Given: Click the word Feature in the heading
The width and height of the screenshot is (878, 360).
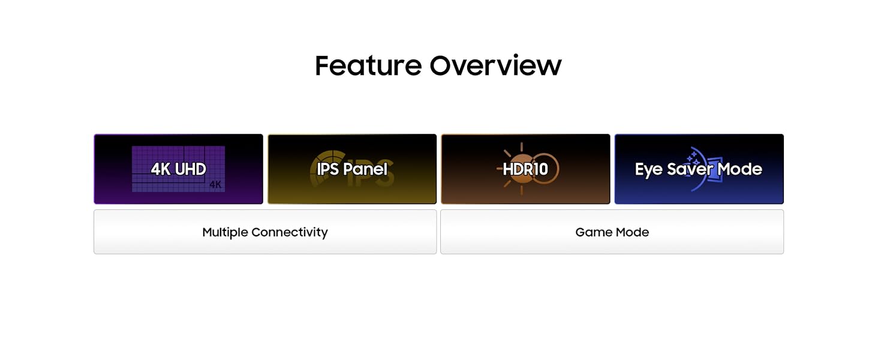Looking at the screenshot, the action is tap(368, 65).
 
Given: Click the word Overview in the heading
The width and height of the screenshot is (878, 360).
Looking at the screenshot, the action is tap(496, 65).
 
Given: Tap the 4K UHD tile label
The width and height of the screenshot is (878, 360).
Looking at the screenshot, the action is tap(178, 169).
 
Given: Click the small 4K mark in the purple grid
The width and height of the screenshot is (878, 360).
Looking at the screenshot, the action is tap(215, 184).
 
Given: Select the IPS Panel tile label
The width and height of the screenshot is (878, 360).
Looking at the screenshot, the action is tap(352, 169).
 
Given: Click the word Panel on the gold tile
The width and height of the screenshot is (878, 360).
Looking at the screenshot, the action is tap(365, 169).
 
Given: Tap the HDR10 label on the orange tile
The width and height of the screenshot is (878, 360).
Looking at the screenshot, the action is tap(525, 169).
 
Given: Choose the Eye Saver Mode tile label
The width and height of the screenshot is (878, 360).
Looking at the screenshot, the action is tap(699, 169).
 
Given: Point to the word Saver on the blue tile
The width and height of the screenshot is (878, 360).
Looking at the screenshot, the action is tap(690, 169).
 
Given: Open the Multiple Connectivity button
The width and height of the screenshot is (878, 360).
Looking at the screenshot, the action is tap(265, 232).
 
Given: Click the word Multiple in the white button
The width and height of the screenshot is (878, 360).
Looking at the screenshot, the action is tap(225, 233).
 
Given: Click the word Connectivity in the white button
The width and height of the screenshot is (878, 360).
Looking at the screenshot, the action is tap(290, 233).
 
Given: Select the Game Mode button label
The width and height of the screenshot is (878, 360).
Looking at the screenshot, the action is tap(612, 232).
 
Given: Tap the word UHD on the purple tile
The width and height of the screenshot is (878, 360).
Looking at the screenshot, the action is tap(191, 169).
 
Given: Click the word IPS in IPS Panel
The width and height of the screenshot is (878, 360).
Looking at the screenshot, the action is tap(327, 169).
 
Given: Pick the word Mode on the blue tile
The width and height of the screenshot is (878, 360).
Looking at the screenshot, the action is tap(740, 169).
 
